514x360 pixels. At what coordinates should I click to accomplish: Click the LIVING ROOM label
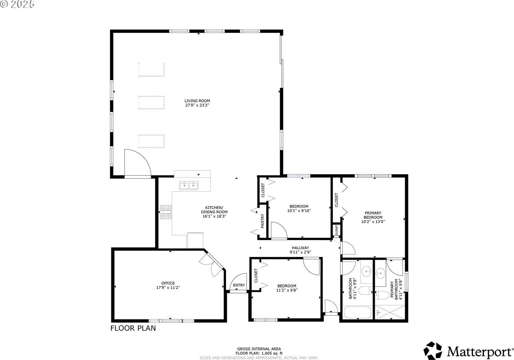(x=197, y=101)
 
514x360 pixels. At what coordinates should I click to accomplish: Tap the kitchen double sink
(x=189, y=185)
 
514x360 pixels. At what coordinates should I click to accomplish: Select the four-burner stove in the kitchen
(x=166, y=212)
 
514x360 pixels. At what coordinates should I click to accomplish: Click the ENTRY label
(x=239, y=285)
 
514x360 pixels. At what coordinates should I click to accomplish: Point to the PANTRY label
(x=262, y=221)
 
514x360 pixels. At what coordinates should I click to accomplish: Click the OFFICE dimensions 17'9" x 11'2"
(x=168, y=288)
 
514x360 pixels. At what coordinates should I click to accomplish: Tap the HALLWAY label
(x=300, y=248)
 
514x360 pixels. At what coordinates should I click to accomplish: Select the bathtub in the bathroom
(x=357, y=312)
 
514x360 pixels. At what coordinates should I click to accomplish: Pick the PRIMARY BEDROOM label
(x=373, y=215)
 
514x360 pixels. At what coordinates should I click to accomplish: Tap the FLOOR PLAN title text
(x=133, y=328)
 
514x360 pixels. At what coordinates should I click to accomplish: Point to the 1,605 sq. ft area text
(x=259, y=353)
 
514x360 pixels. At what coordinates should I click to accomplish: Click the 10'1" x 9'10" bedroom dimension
(x=299, y=211)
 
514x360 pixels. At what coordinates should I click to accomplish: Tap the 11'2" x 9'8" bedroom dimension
(x=287, y=290)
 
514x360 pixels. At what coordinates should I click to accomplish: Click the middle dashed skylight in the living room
(x=151, y=103)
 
